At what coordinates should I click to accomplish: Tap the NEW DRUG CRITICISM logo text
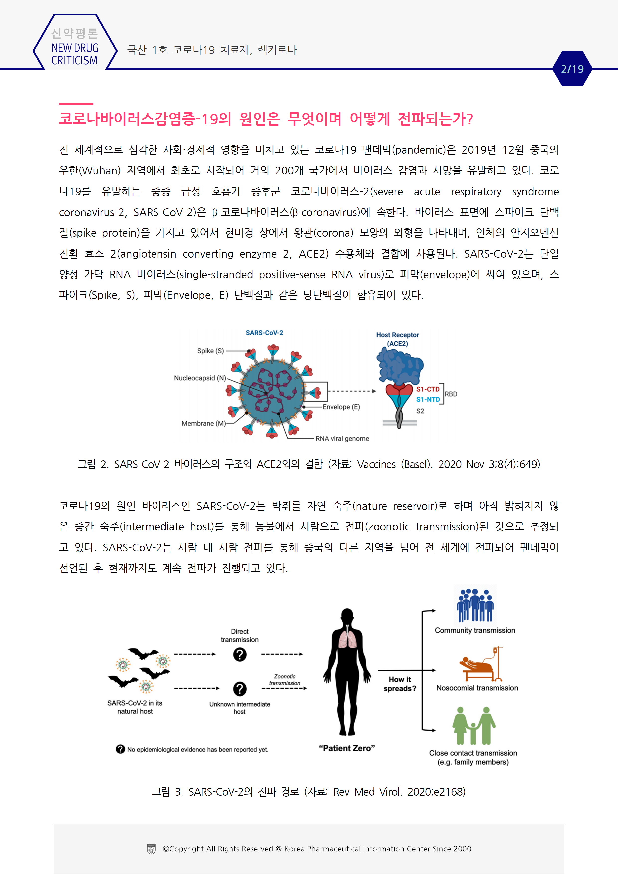click(75, 54)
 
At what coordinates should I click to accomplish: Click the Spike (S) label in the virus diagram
click(210, 351)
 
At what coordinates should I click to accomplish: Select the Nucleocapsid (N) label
click(200, 378)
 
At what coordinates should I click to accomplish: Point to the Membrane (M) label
click(203, 423)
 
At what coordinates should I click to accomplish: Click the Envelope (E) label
click(341, 407)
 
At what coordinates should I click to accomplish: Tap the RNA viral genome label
click(342, 438)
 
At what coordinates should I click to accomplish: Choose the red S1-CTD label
click(428, 389)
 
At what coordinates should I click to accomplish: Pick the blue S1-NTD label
click(428, 399)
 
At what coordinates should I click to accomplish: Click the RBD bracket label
click(451, 394)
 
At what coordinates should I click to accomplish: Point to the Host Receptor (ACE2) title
click(397, 339)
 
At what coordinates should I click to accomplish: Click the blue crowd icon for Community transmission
click(475, 605)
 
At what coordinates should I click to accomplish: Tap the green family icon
click(474, 726)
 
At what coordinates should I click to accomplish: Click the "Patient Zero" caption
click(347, 748)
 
